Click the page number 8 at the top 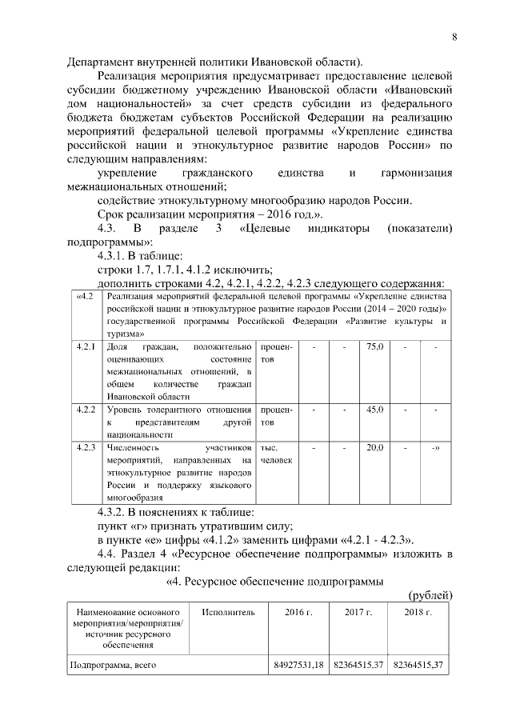tap(454, 37)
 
